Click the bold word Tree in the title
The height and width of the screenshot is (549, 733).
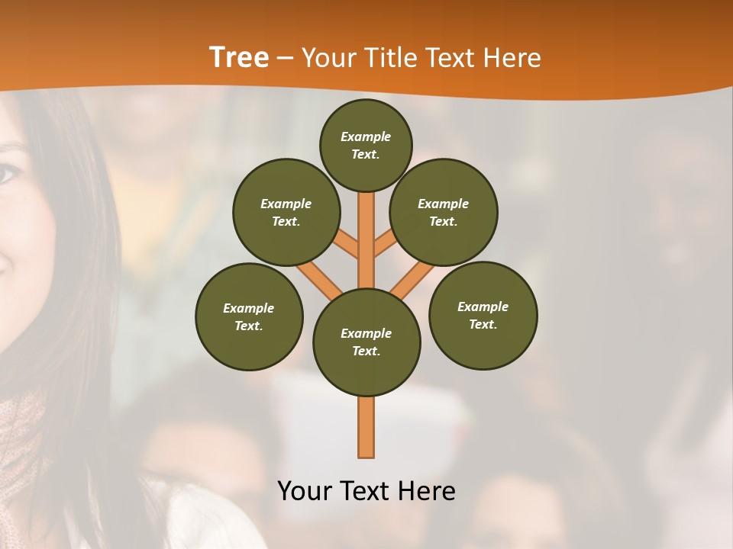pyautogui.click(x=239, y=58)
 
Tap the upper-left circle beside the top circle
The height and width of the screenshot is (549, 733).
pyautogui.click(x=286, y=212)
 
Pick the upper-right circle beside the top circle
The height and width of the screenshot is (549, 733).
pyautogui.click(x=444, y=212)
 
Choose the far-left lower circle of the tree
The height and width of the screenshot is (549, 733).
pyautogui.click(x=249, y=316)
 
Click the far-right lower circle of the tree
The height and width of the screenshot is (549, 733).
pyautogui.click(x=483, y=315)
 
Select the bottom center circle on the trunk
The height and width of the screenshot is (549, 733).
pyautogui.click(x=366, y=342)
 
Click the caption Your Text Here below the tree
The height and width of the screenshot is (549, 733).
pyautogui.click(x=366, y=491)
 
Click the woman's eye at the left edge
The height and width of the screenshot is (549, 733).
pyautogui.click(x=8, y=174)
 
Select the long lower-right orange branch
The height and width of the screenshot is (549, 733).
pyautogui.click(x=413, y=278)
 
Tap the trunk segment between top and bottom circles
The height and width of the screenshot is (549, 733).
pyautogui.click(x=366, y=244)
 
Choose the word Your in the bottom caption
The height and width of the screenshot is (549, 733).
pyautogui.click(x=304, y=491)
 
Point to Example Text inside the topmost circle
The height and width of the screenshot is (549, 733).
pyautogui.click(x=366, y=146)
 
